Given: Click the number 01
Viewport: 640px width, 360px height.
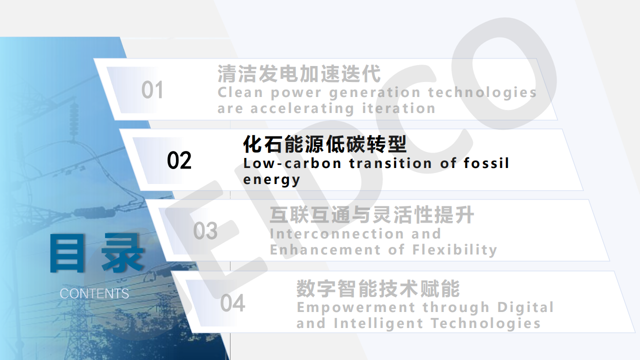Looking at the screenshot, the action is [x=152, y=89].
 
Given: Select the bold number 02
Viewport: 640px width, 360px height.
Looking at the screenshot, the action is [x=179, y=160].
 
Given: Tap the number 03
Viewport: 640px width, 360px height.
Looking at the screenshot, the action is [x=205, y=230].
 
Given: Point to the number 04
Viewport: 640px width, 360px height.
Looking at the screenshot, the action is [x=232, y=303].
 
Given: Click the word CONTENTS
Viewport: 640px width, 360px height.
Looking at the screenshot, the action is [x=94, y=293].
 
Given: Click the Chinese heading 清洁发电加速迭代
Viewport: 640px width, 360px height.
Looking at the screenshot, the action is [x=299, y=73].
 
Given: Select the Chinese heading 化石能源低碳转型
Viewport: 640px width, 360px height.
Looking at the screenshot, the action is [x=325, y=144].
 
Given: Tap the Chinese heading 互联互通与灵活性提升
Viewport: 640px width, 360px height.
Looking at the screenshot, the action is [x=372, y=215].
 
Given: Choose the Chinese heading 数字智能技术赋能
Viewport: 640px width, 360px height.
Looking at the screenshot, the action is [x=378, y=288].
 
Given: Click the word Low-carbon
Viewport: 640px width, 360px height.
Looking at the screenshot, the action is [x=292, y=163].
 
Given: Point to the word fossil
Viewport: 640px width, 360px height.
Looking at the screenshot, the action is [x=486, y=163].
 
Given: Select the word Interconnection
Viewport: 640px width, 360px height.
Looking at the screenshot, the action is [x=337, y=233].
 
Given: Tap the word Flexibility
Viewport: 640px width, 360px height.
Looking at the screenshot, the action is [x=454, y=250].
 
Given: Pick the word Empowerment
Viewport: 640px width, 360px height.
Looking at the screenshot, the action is [x=356, y=307].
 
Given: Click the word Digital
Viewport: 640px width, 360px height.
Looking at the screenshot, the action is [x=525, y=307].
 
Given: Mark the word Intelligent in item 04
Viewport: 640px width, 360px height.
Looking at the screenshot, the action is [x=378, y=324].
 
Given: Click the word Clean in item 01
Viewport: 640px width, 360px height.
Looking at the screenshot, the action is [x=240, y=92].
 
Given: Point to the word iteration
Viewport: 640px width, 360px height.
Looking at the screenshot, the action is [x=398, y=108].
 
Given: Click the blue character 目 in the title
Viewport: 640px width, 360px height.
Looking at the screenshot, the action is [x=67, y=252].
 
